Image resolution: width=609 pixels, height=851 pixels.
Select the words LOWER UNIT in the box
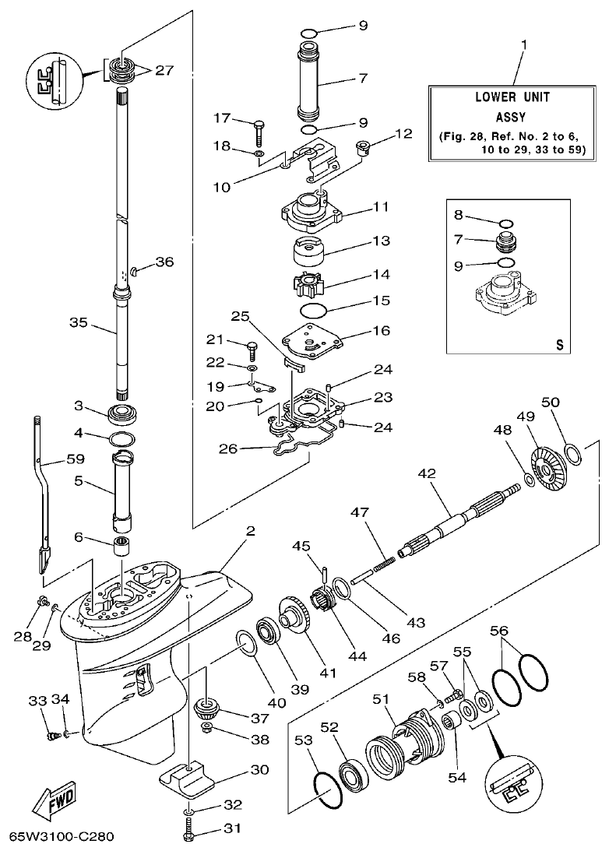click(x=512, y=97)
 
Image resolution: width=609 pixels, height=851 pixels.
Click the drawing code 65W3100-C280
click(x=62, y=838)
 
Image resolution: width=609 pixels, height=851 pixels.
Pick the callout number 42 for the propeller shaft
click(x=427, y=473)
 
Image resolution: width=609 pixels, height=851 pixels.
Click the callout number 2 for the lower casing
click(x=251, y=531)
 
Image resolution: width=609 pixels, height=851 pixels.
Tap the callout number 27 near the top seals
click(x=164, y=70)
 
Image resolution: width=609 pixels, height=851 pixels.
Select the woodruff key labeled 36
click(x=134, y=270)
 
